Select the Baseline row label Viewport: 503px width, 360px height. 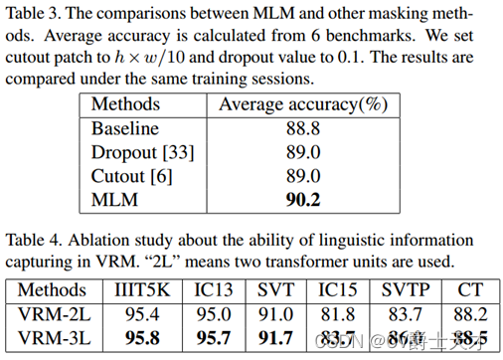pos(125,128)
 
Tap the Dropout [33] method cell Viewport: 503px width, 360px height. pos(143,152)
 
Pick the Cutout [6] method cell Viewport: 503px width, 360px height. pos(131,177)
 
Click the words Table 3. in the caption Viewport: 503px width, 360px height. pos(32,17)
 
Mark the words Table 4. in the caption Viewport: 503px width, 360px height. pos(32,240)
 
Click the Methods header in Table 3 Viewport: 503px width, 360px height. pos(125,104)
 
